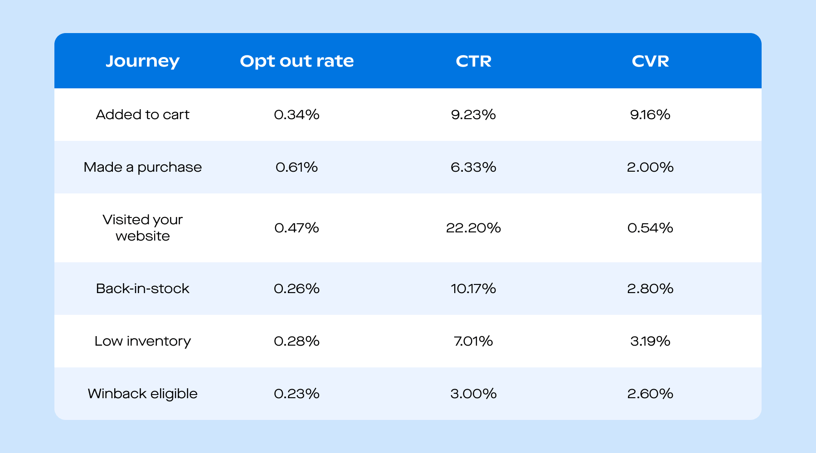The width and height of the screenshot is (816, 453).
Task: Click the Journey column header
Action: pos(142,61)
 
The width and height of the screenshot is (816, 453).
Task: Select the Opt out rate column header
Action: pos(296,61)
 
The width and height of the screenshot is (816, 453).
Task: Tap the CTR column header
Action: pos(473,61)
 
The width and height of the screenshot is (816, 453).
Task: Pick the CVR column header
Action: pos(650,61)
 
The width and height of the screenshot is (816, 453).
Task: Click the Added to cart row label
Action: pos(142,115)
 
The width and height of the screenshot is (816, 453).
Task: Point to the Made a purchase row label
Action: pos(142,167)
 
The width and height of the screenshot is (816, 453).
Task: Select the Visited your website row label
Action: pos(142,228)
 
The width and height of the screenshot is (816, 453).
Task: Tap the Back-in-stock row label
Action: pos(142,289)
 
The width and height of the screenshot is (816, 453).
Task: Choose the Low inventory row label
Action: pos(142,341)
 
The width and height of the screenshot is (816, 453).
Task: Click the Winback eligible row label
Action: pos(142,394)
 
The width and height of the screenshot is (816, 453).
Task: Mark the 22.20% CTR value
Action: pos(473,228)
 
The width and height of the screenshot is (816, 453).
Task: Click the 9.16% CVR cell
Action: pos(650,115)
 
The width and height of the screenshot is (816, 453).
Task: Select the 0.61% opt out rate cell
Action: pos(296,167)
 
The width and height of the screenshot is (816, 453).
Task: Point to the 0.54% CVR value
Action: pos(650,228)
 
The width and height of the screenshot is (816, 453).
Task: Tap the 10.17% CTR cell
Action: pos(473,289)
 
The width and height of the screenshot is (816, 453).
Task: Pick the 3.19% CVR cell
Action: pos(650,341)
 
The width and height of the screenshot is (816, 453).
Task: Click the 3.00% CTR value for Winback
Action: pos(473,394)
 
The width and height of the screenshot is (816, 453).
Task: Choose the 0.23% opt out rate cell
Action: pos(296,394)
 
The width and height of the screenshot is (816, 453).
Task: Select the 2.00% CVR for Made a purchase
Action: pos(650,167)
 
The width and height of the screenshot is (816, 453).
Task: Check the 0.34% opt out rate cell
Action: pos(296,115)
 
